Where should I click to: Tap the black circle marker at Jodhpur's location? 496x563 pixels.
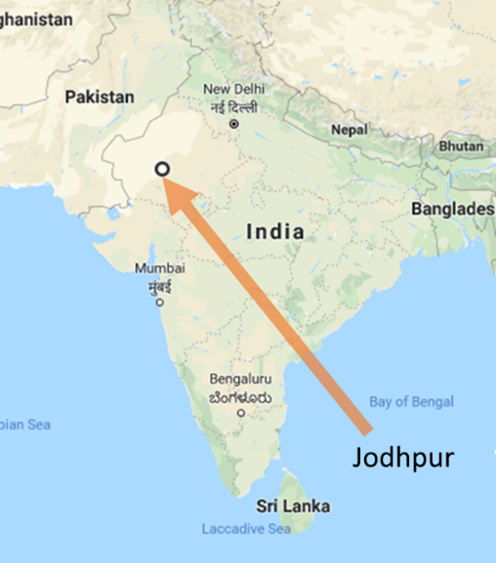click(x=163, y=170)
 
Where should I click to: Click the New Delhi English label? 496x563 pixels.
click(x=233, y=91)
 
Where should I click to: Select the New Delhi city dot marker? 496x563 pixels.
click(x=233, y=125)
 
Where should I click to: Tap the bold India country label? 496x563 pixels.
click(x=274, y=231)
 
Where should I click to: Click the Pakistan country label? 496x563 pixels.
click(x=99, y=97)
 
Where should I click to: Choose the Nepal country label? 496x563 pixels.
click(x=349, y=130)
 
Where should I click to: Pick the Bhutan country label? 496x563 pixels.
click(x=460, y=145)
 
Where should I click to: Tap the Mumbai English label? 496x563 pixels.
click(x=159, y=267)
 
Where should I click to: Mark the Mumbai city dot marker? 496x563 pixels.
click(x=159, y=302)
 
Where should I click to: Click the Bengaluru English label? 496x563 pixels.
click(x=240, y=380)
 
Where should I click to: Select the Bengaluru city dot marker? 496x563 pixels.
click(x=241, y=413)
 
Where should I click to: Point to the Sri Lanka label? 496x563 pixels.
click(x=293, y=506)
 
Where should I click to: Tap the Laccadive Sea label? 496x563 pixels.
click(x=246, y=529)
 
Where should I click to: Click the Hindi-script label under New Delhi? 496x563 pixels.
click(x=233, y=106)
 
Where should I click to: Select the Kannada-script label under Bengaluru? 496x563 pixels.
click(x=240, y=396)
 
